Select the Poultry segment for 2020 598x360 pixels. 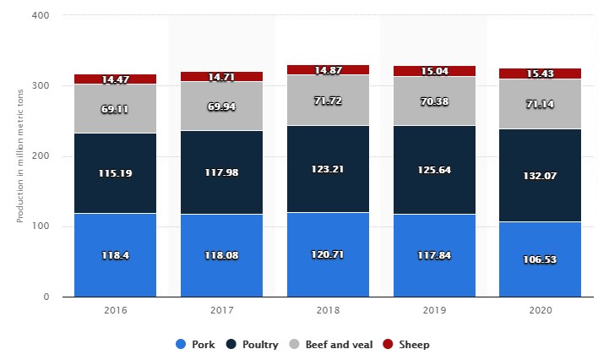tap(540, 152)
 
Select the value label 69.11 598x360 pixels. tap(115, 110)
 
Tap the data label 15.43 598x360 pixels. tap(540, 75)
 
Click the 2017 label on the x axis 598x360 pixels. tap(221, 312)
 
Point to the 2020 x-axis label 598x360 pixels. tap(540, 312)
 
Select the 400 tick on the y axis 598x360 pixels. tap(41, 16)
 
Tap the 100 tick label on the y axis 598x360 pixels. tap(41, 226)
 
